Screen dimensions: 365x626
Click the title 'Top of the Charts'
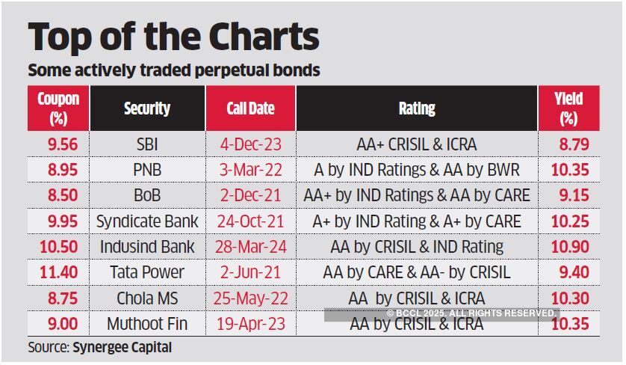tap(173, 37)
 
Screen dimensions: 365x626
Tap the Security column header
tap(147, 109)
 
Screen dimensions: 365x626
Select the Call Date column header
tap(250, 109)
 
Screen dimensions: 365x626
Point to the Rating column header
tap(417, 109)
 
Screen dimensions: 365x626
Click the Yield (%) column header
tap(568, 108)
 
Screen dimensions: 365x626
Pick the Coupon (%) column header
tap(58, 108)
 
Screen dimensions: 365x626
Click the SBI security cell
tap(147, 144)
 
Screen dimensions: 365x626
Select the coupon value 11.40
tap(58, 272)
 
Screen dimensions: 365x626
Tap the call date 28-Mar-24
tap(250, 247)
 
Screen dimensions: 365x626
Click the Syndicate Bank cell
tap(147, 221)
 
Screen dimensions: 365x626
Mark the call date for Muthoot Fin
tap(250, 324)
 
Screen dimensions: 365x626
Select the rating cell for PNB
tap(417, 170)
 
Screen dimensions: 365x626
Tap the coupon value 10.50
tap(58, 247)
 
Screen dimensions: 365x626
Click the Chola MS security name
tap(147, 298)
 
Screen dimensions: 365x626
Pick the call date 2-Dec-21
tap(250, 195)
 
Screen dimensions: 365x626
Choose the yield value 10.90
tap(569, 247)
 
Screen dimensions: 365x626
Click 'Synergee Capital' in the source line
tap(122, 347)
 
